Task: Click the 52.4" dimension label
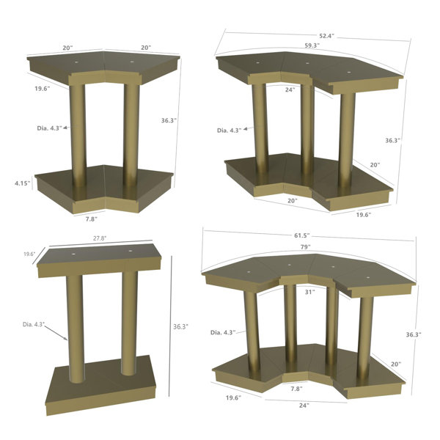click(326, 36)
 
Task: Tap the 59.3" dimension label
click(312, 45)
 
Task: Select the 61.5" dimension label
click(301, 235)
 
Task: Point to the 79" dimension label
click(305, 247)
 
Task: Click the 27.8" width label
click(100, 238)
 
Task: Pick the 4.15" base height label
click(23, 183)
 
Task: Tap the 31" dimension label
click(309, 292)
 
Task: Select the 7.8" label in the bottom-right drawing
click(296, 389)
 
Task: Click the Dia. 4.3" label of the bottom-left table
click(34, 324)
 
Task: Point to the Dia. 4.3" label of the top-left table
click(49, 128)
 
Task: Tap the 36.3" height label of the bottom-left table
click(180, 326)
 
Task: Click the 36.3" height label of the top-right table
click(392, 140)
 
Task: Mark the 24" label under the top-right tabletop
click(290, 89)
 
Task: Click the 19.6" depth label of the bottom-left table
click(29, 254)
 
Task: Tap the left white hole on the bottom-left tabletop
click(73, 254)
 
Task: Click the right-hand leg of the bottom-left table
click(130, 323)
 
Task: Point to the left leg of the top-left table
click(78, 136)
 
